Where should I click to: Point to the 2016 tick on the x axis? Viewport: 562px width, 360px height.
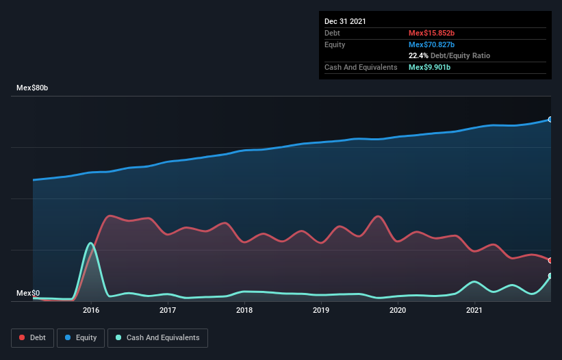[91, 310]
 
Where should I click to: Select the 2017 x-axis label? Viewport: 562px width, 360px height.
[168, 310]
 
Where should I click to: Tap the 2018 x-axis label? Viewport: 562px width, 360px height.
[244, 310]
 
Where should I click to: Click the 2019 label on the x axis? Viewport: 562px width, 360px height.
[321, 310]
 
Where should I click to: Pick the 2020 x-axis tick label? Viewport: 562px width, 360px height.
[398, 310]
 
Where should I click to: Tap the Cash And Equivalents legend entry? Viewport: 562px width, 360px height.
[157, 337]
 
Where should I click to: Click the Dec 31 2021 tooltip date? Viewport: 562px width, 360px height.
[345, 21]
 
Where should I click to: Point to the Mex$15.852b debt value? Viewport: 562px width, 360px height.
[431, 33]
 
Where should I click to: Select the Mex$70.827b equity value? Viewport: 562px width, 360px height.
[431, 44]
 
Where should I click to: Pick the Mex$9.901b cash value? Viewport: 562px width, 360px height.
[429, 67]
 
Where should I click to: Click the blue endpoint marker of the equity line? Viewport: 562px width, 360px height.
[550, 119]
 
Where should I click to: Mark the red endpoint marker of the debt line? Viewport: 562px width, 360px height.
[550, 260]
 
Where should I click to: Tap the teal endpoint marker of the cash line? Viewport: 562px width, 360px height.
[550, 276]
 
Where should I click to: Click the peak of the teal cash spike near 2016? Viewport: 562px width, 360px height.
[90, 243]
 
